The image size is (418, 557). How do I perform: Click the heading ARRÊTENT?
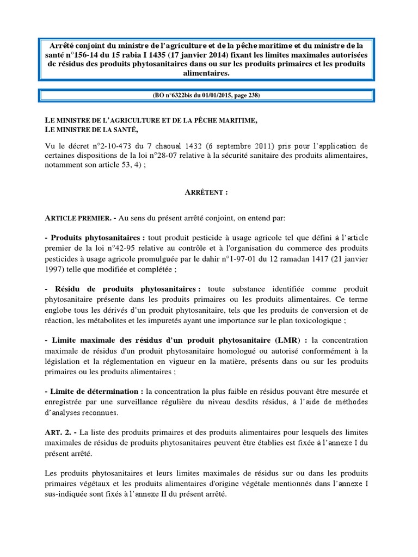click(209, 193)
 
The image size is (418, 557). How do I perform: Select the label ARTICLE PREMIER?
click(74, 218)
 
